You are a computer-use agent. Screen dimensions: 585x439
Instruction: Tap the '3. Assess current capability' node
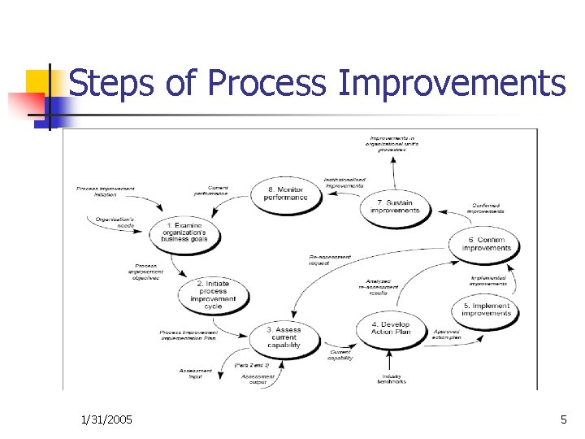pos(284,336)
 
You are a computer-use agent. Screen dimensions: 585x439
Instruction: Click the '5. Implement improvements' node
pos(487,310)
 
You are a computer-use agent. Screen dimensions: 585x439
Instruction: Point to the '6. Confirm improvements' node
pos(486,244)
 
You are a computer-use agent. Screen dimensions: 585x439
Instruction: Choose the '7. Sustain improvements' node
pos(395,206)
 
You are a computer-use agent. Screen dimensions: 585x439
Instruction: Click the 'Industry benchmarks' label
pos(391,379)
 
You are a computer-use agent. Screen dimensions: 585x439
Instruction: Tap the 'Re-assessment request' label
pos(330,261)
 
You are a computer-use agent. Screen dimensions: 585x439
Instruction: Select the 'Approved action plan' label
pos(447,334)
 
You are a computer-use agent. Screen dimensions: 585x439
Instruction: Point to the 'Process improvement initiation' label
pos(106,192)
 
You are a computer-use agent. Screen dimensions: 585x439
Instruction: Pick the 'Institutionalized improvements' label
pos(344,182)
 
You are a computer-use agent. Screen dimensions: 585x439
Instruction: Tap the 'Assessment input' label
pos(196,374)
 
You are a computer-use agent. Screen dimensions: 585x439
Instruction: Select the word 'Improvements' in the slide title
pos(451,83)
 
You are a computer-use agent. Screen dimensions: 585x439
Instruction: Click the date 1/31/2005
pos(108,419)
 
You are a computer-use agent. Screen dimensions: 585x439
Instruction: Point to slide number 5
pos(563,419)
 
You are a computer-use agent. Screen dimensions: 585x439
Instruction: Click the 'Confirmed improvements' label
pos(487,208)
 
